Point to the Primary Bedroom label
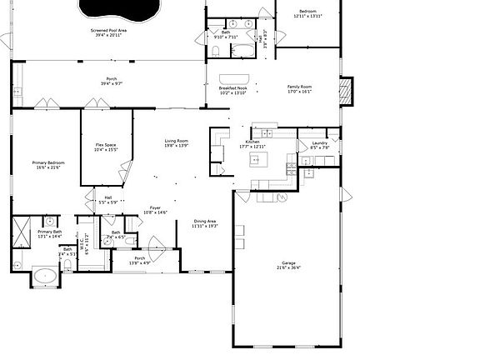48,165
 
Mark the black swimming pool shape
117,9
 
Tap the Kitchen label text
252,144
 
